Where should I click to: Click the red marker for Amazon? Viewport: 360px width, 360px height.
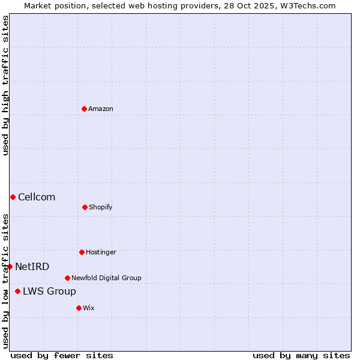[84, 109]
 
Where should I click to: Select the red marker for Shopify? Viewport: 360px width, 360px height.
[85, 207]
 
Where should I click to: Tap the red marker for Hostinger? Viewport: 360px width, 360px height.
[82, 252]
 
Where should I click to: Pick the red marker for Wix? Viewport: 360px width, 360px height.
[79, 308]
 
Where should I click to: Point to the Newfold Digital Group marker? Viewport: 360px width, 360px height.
[67, 278]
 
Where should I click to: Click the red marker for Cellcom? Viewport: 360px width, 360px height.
[13, 197]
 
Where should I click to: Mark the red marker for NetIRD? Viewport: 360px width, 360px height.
[10, 266]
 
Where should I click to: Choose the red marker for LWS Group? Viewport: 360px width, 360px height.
[17, 291]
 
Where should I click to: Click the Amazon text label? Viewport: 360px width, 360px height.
[101, 109]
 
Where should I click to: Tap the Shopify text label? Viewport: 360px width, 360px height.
[101, 207]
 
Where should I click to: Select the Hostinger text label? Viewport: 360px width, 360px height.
[101, 252]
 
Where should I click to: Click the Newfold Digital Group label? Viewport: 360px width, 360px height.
[106, 278]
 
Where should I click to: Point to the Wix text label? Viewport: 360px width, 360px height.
[89, 308]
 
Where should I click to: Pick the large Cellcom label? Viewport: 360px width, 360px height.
[37, 197]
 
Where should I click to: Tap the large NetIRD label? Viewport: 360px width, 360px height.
[32, 266]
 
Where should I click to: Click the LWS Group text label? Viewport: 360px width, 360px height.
[49, 291]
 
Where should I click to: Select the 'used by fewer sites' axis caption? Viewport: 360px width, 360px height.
[62, 355]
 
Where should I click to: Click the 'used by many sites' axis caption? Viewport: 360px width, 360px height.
[301, 355]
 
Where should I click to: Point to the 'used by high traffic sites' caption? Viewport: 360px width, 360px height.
[5, 85]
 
